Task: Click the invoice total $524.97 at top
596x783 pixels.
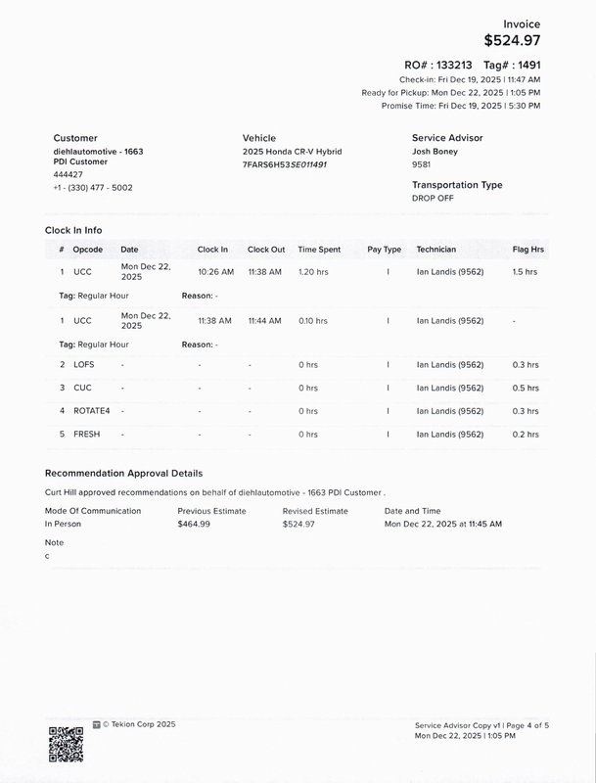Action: pyautogui.click(x=512, y=41)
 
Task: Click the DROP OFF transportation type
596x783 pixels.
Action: pyautogui.click(x=434, y=198)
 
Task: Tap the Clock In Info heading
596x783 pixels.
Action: pyautogui.click(x=73, y=230)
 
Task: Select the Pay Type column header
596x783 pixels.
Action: pyautogui.click(x=385, y=250)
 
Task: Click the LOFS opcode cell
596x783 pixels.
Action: pyautogui.click(x=85, y=365)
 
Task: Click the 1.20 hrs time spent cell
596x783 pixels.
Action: pyautogui.click(x=312, y=271)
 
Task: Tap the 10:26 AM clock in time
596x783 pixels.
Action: pyautogui.click(x=215, y=271)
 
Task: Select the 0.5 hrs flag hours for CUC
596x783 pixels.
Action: pyautogui.click(x=526, y=389)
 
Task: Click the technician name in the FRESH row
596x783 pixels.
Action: pyautogui.click(x=450, y=434)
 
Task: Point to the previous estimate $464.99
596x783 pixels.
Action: pyautogui.click(x=199, y=525)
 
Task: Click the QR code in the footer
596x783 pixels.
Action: pyautogui.click(x=65, y=745)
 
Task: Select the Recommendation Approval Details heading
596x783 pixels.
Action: pyautogui.click(x=124, y=474)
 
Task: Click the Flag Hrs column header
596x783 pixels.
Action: pyautogui.click(x=528, y=250)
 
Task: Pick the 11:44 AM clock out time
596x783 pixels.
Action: pyautogui.click(x=264, y=320)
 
